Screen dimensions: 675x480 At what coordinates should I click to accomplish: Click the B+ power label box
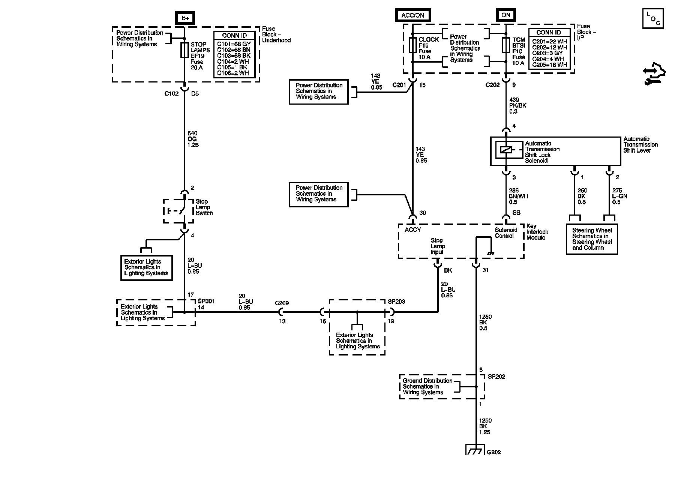pyautogui.click(x=185, y=17)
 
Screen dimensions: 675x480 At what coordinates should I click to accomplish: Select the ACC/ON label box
pyautogui.click(x=412, y=15)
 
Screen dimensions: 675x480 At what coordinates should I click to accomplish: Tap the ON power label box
pyautogui.click(x=506, y=15)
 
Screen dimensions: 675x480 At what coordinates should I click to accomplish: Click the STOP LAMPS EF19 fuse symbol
pyautogui.click(x=184, y=50)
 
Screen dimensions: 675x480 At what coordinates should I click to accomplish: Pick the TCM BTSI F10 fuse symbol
pyautogui.click(x=506, y=45)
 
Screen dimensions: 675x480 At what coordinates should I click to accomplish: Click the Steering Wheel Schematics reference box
pyautogui.click(x=591, y=239)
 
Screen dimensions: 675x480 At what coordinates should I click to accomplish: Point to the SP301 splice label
pyautogui.click(x=206, y=301)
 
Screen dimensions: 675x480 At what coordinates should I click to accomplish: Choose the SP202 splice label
pyautogui.click(x=496, y=376)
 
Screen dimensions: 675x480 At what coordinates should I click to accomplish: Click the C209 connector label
pyautogui.click(x=282, y=303)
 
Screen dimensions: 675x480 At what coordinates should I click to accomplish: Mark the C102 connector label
pyautogui.click(x=171, y=94)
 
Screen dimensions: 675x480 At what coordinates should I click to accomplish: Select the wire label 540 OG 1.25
pyautogui.click(x=193, y=139)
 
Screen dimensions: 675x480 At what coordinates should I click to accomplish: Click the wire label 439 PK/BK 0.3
pyautogui.click(x=517, y=106)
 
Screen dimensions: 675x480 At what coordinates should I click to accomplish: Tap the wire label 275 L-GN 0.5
pyautogui.click(x=619, y=196)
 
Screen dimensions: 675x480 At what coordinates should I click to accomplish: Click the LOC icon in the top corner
pyautogui.click(x=652, y=19)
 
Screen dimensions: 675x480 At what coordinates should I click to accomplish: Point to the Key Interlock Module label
pyautogui.click(x=537, y=232)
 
